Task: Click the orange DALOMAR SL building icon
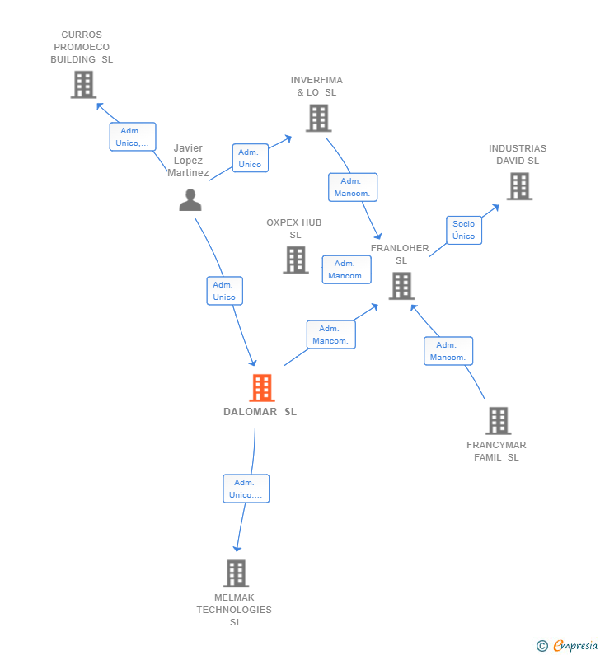coord(261,387)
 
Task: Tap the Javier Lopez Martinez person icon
coord(190,200)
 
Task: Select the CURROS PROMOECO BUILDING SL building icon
coord(83,84)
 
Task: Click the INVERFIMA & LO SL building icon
coord(318,118)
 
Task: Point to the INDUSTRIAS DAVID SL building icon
coord(518,186)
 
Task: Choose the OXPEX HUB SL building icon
coord(295,260)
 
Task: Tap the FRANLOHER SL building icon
coord(401,286)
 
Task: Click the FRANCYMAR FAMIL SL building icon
coord(498,420)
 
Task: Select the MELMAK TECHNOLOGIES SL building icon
coord(236,573)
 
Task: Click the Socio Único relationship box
coord(464,230)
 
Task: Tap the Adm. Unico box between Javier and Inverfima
coord(250,158)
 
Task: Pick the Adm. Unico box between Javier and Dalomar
coord(224,291)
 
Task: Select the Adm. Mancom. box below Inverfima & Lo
coord(352,187)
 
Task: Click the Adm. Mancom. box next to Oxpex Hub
coord(346,269)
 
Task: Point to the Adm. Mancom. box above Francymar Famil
coord(448,351)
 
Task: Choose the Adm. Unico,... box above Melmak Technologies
coord(246,489)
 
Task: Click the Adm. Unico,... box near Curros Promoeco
coord(132,137)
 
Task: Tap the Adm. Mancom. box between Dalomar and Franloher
coord(331,335)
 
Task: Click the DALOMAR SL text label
coord(260,412)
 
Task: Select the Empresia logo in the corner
coord(567,646)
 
